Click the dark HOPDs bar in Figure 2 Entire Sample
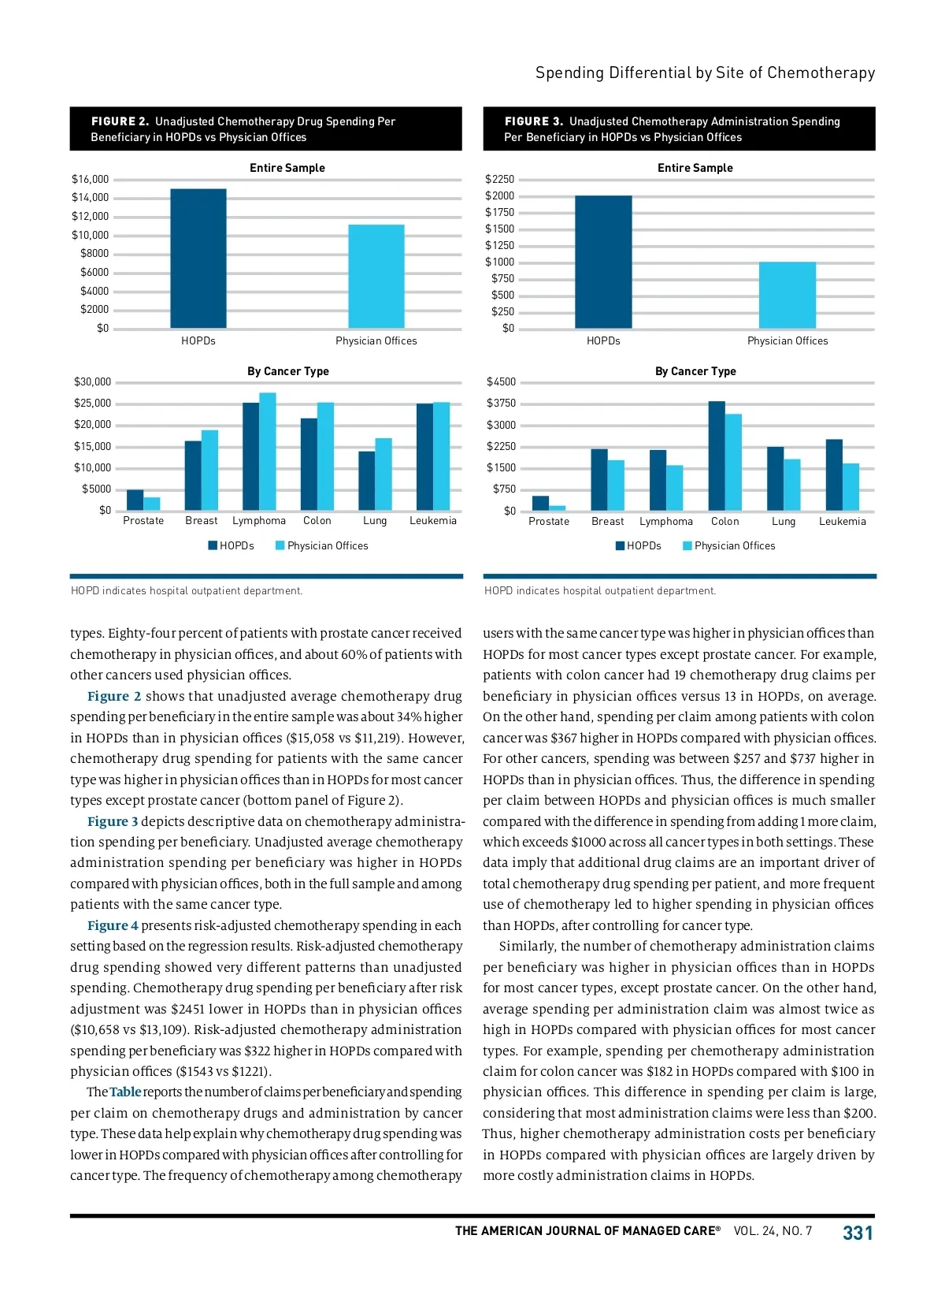(x=198, y=259)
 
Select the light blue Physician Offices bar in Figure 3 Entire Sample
(x=787, y=295)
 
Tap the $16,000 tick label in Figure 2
(x=90, y=180)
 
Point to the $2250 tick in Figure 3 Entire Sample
(x=499, y=180)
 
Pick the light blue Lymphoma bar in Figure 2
(x=268, y=451)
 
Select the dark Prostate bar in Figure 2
(x=135, y=500)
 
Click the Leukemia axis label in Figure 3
(x=842, y=522)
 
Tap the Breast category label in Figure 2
(x=202, y=521)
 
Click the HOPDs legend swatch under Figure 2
(x=213, y=545)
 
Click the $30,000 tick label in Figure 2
(x=92, y=382)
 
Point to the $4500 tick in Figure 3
(x=501, y=382)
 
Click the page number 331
(x=858, y=1233)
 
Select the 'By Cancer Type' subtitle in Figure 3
(x=695, y=371)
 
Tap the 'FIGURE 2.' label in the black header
(x=120, y=121)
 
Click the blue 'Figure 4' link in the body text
(x=113, y=925)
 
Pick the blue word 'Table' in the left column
(x=125, y=1092)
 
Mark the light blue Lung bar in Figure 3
(x=791, y=485)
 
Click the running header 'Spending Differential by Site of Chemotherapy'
(x=705, y=73)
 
